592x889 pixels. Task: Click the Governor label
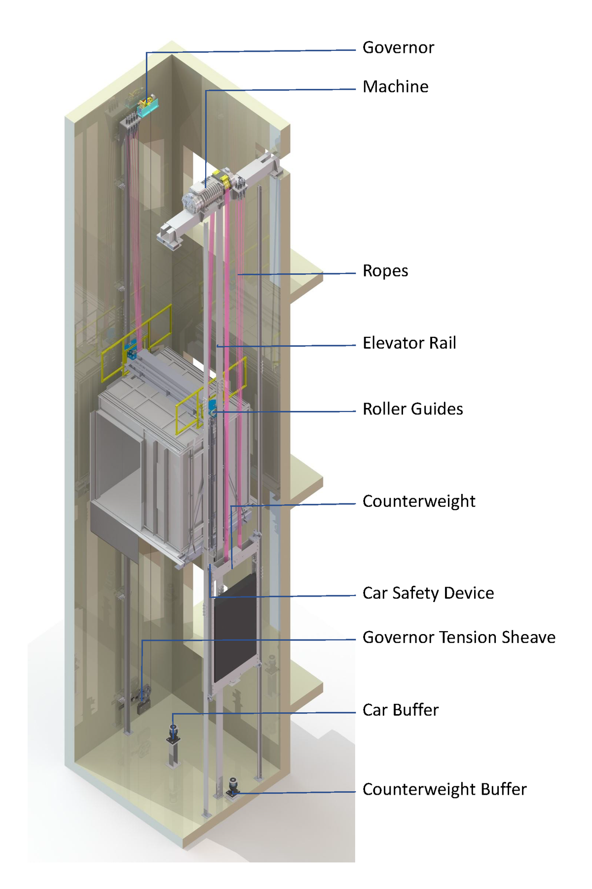[398, 47]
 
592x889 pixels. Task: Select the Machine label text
[395, 86]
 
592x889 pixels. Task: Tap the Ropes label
[385, 271]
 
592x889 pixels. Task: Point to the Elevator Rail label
[409, 343]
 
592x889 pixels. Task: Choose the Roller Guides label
[412, 409]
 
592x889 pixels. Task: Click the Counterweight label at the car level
[418, 501]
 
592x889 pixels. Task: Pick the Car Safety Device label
[428, 593]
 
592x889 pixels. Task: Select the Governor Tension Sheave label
[458, 637]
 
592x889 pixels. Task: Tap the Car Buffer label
[400, 710]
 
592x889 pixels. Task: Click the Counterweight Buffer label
[444, 789]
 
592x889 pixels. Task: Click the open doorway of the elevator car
[118, 459]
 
